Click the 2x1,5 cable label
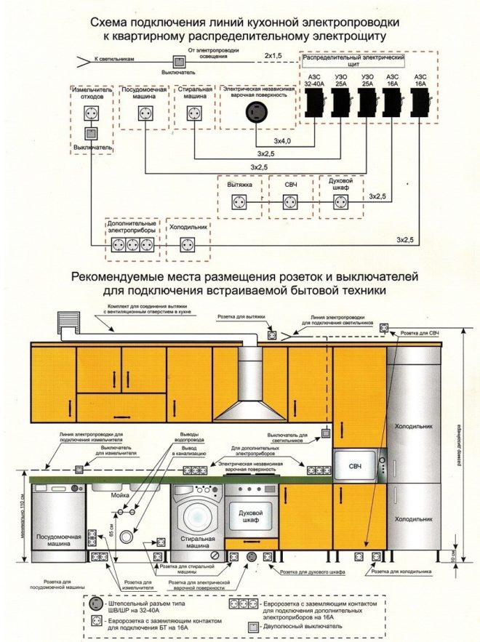pyautogui.click(x=273, y=55)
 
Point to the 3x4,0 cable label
pyautogui.click(x=282, y=140)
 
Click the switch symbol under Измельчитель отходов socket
pyautogui.click(x=92, y=133)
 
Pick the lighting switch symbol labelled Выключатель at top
pyautogui.click(x=177, y=63)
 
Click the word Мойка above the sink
pyautogui.click(x=121, y=493)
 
